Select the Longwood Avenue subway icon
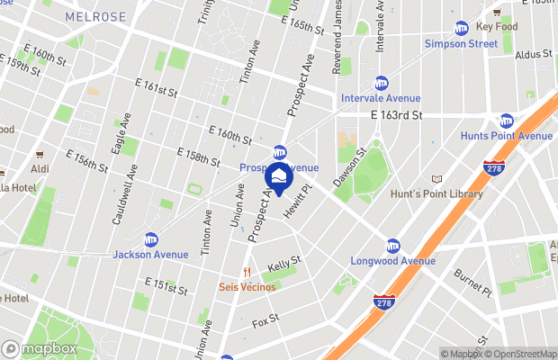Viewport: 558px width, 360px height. [392, 246]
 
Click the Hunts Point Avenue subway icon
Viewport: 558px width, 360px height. [506, 121]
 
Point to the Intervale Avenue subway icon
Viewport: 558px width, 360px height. [381, 83]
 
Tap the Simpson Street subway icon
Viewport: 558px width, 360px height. [462, 28]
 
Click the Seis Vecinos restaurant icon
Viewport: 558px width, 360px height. [246, 272]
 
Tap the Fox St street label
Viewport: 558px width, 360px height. [265, 320]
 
